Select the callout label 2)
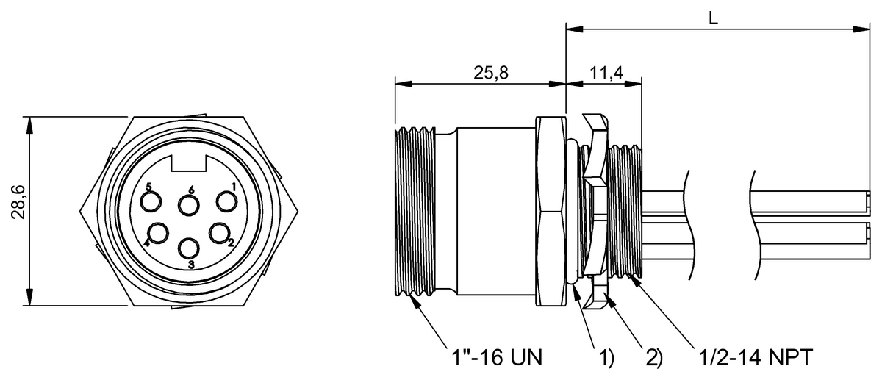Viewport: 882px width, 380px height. pos(653,358)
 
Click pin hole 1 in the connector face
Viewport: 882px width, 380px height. pos(224,201)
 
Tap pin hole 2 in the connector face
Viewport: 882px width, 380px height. pos(219,232)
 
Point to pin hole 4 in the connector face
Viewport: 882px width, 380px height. pos(159,233)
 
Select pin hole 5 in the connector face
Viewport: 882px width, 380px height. pos(153,201)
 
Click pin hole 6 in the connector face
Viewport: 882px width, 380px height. pos(190,205)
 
